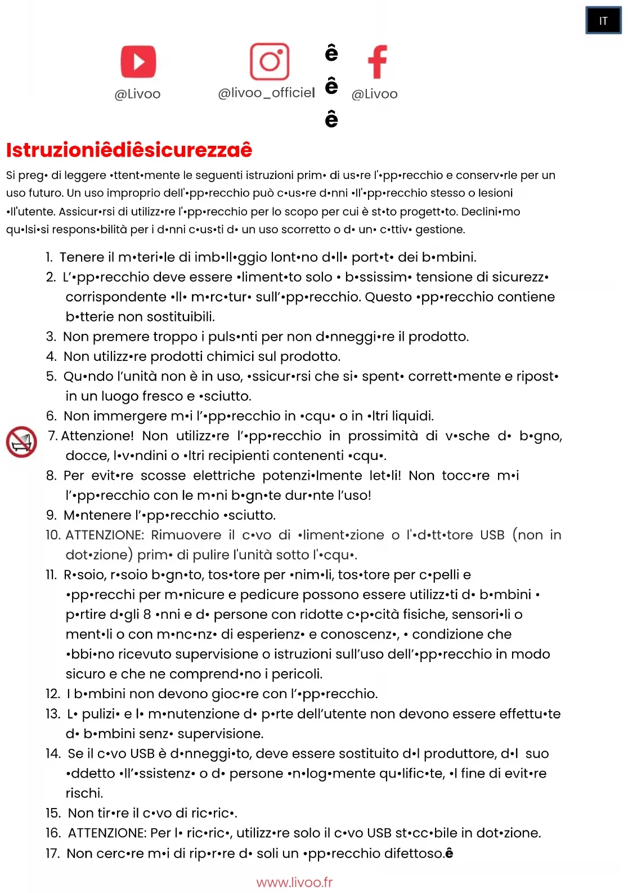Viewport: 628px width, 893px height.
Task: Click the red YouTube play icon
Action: coord(138,61)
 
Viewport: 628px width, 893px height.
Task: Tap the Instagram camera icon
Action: coord(270,61)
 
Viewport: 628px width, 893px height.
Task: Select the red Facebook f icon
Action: coord(377,61)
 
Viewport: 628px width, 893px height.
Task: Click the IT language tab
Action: coord(603,21)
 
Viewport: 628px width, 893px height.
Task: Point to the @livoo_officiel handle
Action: coord(266,93)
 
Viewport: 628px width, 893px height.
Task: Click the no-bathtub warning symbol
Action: coord(21,442)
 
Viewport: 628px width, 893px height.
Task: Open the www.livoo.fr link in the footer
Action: coord(294,882)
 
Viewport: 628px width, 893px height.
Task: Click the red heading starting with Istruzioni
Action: coord(129,150)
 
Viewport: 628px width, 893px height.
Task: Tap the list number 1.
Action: coord(50,257)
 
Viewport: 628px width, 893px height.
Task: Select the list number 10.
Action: coord(53,535)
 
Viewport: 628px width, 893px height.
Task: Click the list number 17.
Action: coord(52,854)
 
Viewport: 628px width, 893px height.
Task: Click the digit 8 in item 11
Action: coord(147,615)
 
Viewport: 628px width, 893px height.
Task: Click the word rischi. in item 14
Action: coord(84,793)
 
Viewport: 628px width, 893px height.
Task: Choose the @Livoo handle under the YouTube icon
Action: coord(137,94)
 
